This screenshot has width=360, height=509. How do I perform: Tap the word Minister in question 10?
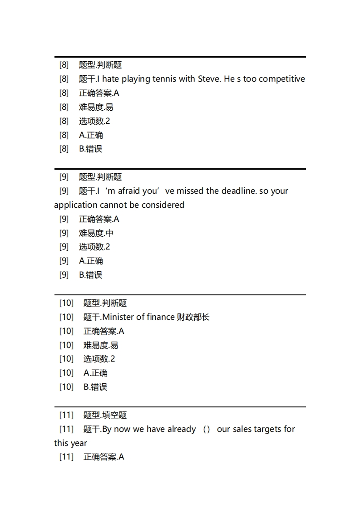coord(118,317)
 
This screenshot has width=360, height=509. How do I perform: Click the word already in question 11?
coord(178,429)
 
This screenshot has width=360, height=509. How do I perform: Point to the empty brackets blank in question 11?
coord(207,429)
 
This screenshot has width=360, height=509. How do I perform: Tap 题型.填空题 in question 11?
coord(105,415)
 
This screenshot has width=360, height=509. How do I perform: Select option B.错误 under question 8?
coord(90,149)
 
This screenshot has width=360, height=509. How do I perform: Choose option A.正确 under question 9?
coord(91,261)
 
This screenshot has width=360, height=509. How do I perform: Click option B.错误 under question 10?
coord(95,387)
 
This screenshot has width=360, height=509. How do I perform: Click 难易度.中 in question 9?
coord(96,233)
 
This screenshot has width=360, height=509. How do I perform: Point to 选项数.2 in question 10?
coord(99,359)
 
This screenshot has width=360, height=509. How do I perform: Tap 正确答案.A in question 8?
coord(99,93)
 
